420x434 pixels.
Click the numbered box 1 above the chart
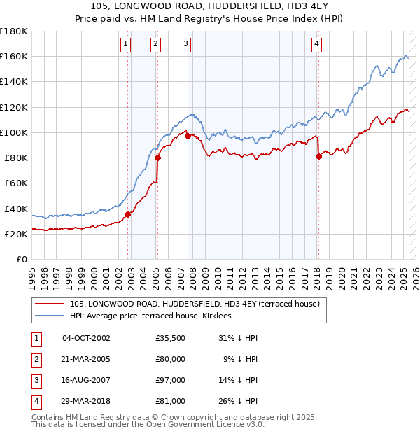click(125, 44)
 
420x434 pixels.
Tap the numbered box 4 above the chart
click(317, 44)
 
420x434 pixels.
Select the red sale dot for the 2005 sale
click(157, 157)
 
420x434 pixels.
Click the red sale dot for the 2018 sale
click(318, 156)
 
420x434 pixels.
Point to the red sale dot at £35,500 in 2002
click(128, 214)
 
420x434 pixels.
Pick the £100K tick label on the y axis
click(14, 132)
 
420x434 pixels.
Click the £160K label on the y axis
click(14, 56)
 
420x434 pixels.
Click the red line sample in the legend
click(49, 304)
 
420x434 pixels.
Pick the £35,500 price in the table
click(171, 338)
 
